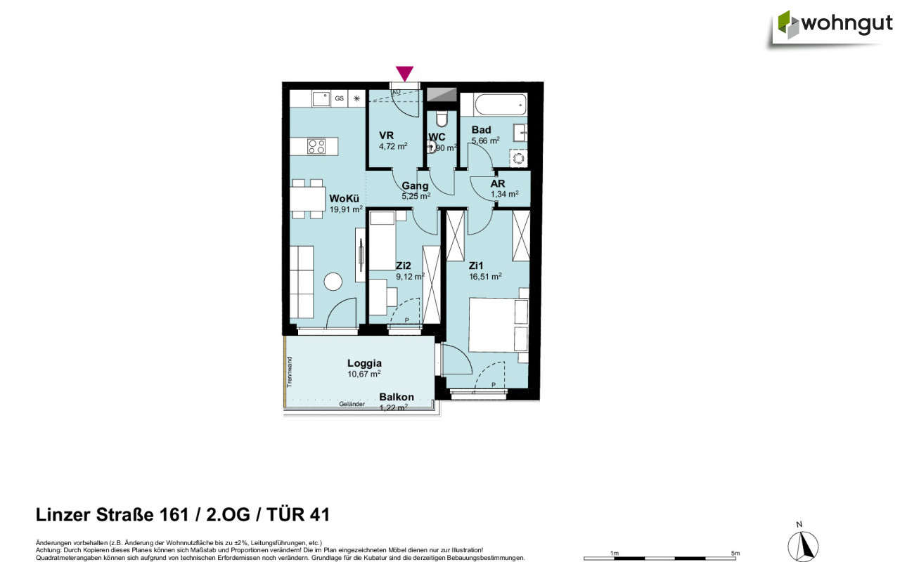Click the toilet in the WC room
pyautogui.click(x=442, y=117)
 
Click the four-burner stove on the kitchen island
pyautogui.click(x=316, y=146)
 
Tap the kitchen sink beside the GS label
pyautogui.click(x=321, y=98)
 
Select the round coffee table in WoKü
pyautogui.click(x=333, y=282)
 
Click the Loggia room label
pyautogui.click(x=364, y=363)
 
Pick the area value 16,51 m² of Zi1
pyautogui.click(x=486, y=277)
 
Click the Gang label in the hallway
pyautogui.click(x=415, y=186)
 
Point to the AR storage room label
pyautogui.click(x=498, y=183)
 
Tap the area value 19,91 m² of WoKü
pyautogui.click(x=346, y=209)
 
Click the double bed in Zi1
pyautogui.click(x=498, y=325)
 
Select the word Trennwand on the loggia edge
pyautogui.click(x=289, y=370)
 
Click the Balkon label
pyautogui.click(x=397, y=397)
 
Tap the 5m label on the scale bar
pyautogui.click(x=735, y=553)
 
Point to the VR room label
pyautogui.click(x=386, y=136)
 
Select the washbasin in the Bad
pyautogui.click(x=521, y=131)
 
